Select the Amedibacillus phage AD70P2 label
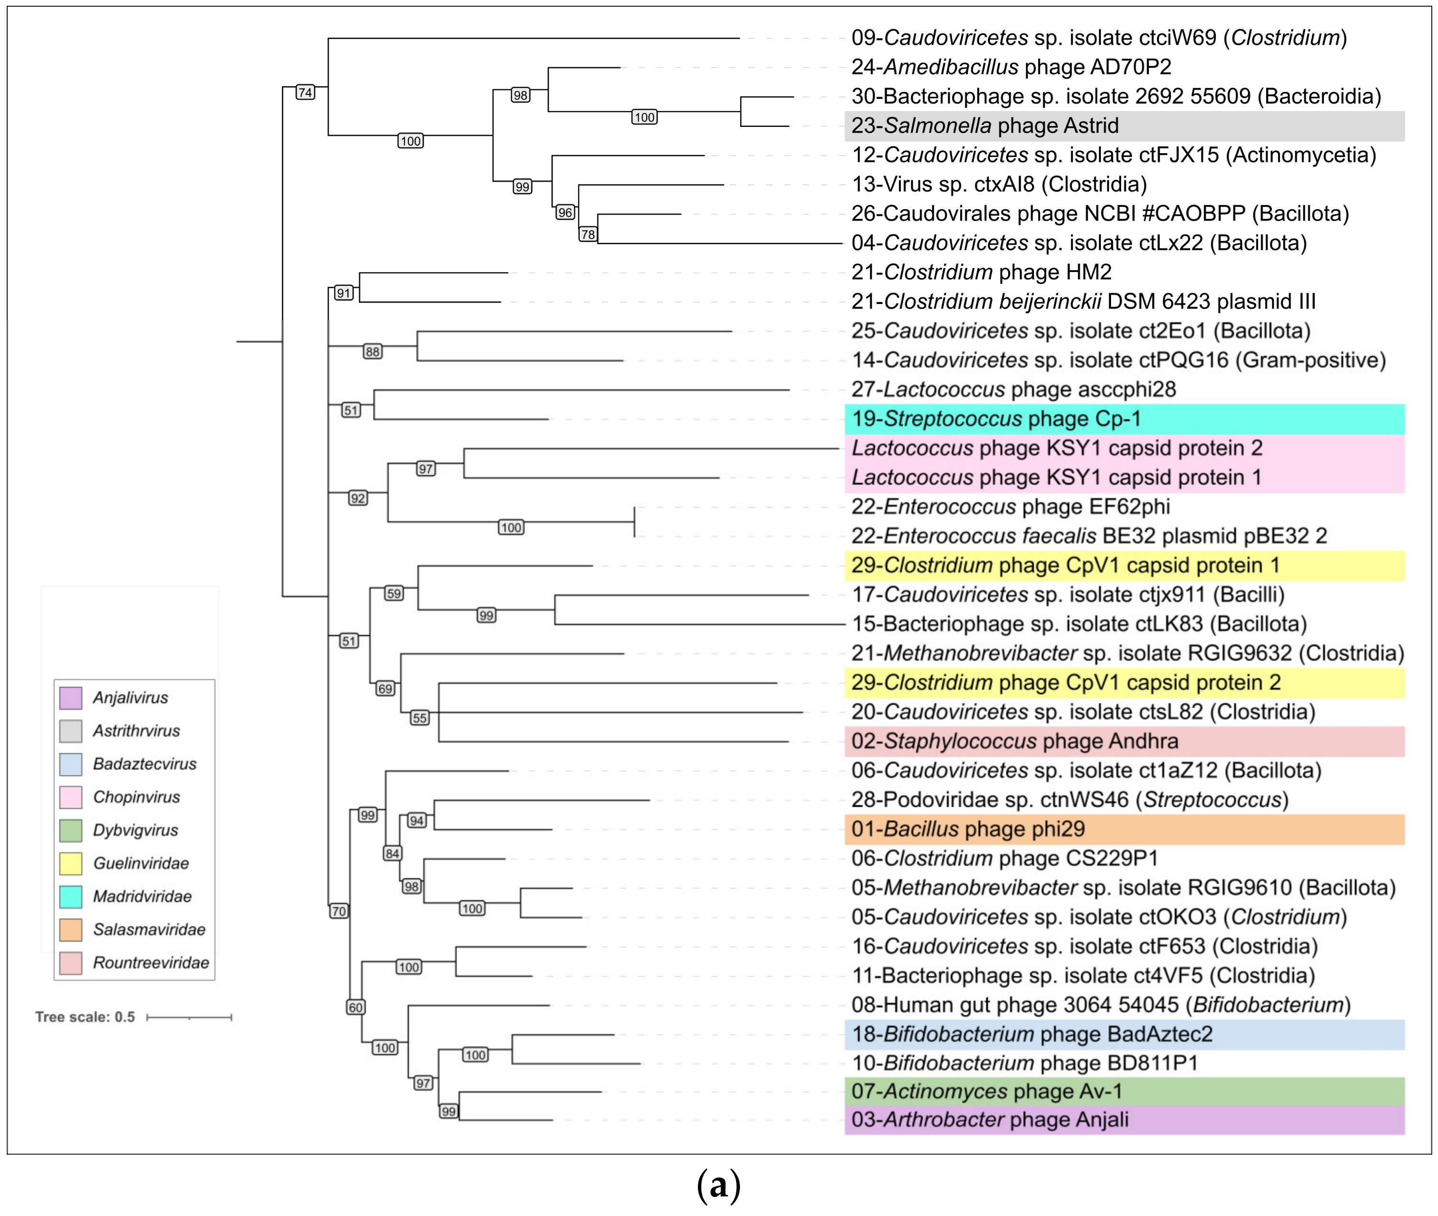[x=1011, y=67]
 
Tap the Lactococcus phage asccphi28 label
[x=1013, y=390]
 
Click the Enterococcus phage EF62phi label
[x=1010, y=507]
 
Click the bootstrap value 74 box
[x=305, y=92]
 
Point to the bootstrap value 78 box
[x=587, y=235]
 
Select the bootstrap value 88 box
[x=372, y=351]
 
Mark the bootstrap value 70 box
[x=338, y=912]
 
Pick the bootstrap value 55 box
[x=419, y=718]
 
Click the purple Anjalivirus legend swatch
[x=70, y=698]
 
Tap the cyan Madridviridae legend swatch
[x=70, y=896]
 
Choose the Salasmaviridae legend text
[x=149, y=929]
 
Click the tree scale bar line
[x=189, y=1017]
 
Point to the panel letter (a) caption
[x=719, y=1184]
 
